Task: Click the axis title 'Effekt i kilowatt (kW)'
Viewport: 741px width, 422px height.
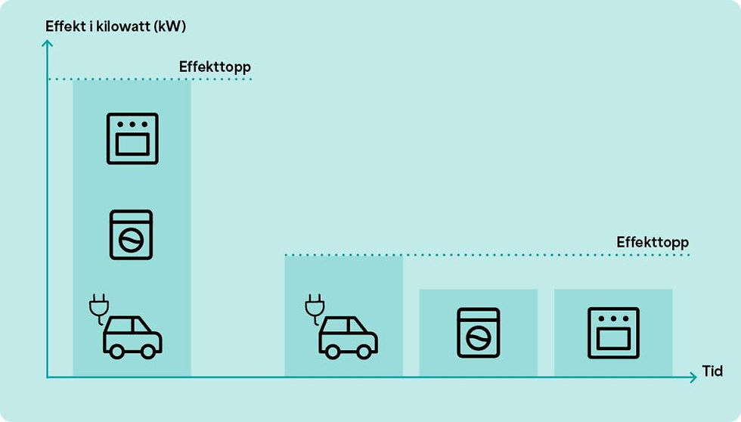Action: pos(116,26)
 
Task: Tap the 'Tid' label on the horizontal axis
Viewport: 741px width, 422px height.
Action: pos(712,371)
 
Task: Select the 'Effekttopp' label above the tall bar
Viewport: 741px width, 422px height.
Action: pos(215,67)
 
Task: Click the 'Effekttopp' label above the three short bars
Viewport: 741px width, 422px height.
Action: pos(652,243)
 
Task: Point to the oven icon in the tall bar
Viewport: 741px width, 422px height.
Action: pos(132,138)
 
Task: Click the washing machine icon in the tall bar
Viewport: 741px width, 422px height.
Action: pos(131,235)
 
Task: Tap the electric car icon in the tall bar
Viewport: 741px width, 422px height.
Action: pos(126,326)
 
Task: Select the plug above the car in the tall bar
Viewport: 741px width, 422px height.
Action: pos(99,308)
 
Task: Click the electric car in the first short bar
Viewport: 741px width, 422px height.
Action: pos(342,326)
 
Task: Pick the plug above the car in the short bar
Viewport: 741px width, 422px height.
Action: pos(315,308)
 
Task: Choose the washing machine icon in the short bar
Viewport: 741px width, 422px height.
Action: pos(478,333)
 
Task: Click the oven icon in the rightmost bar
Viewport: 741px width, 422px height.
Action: pos(613,333)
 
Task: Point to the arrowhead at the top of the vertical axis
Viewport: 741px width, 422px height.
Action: pos(47,43)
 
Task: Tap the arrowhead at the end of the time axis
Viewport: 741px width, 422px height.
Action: pos(693,377)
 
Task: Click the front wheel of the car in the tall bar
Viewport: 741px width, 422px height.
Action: pos(148,351)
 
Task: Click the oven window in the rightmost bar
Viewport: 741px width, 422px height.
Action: pos(613,339)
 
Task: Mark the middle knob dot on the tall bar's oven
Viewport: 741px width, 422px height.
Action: pos(132,125)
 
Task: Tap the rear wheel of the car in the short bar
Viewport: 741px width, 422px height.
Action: pos(333,351)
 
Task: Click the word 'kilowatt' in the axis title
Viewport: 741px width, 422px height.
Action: pos(122,26)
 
